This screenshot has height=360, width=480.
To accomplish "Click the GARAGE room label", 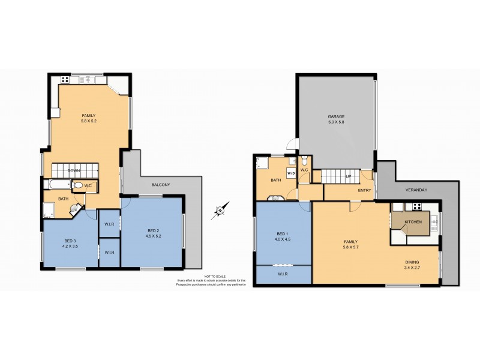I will (335, 116).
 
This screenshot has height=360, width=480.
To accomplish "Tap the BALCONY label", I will (160, 185).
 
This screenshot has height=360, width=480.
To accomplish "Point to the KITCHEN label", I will (413, 222).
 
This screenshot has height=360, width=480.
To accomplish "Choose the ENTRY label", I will (364, 191).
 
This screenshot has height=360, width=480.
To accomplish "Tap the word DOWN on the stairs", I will (74, 171).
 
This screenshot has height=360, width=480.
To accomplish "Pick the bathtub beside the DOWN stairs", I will (58, 185).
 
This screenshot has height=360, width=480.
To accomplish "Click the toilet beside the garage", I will (305, 161).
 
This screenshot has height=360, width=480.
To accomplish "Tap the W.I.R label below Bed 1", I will (283, 275).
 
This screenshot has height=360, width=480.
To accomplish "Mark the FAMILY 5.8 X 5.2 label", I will (89, 118).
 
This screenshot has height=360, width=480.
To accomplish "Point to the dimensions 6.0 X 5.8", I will (335, 122).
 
